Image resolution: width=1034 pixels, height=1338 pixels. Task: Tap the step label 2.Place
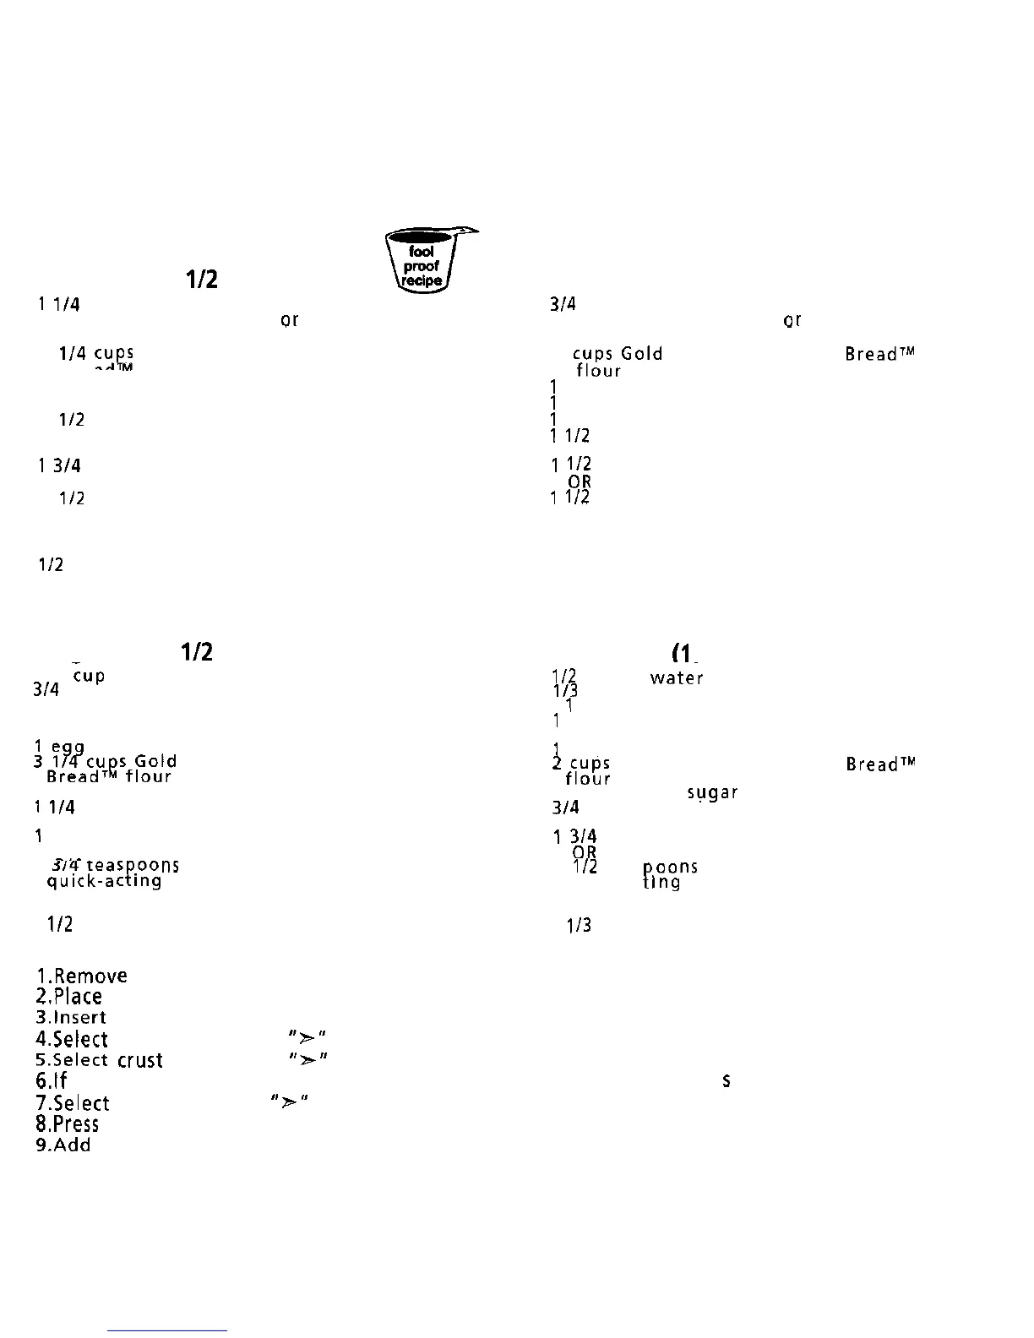68,997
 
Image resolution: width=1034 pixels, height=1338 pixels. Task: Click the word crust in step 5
140,1061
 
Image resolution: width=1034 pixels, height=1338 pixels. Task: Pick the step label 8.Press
67,1124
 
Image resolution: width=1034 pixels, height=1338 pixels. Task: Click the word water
676,677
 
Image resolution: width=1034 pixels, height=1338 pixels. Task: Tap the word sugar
713,793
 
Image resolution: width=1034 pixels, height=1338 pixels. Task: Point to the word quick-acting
104,881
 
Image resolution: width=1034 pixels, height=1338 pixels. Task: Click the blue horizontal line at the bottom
167,1331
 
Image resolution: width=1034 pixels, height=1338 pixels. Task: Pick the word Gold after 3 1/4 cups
155,761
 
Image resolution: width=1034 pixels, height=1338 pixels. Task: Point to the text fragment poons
671,868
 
